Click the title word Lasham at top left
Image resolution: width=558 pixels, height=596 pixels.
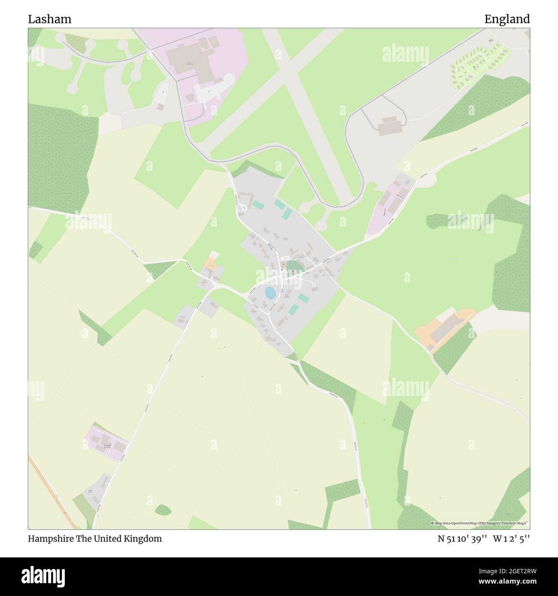50,19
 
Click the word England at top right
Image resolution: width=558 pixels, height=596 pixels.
507,19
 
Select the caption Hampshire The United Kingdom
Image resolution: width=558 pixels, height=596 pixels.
95,539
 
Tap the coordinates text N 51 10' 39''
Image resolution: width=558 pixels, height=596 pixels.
462,539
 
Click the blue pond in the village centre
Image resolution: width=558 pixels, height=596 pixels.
270,293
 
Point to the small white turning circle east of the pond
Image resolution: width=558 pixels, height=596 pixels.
314,284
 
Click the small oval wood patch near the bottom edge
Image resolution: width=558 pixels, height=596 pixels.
163,509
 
